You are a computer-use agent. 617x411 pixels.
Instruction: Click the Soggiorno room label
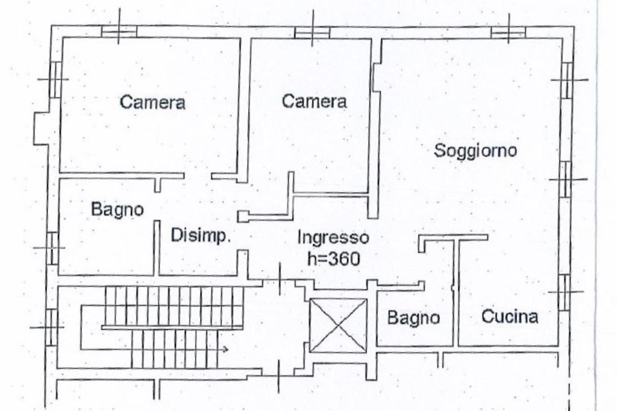(475, 150)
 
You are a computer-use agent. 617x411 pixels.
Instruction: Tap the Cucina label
(510, 317)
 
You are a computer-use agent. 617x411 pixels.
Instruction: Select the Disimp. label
(201, 236)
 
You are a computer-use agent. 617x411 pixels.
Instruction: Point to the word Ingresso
(333, 237)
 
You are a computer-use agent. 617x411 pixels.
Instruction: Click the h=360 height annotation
(333, 259)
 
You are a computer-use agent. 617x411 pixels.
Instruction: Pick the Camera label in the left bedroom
(152, 102)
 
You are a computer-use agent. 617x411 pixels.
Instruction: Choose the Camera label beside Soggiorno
(315, 101)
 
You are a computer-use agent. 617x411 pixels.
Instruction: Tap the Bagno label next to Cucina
(413, 318)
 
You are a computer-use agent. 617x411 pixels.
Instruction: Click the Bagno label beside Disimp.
(117, 209)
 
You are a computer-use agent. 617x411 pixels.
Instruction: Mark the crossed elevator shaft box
(338, 326)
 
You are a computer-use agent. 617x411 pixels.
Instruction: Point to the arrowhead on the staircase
(225, 349)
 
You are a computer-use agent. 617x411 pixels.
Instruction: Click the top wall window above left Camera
(119, 31)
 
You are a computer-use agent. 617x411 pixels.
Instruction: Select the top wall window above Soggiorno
(508, 31)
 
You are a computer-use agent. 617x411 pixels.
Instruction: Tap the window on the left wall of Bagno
(52, 248)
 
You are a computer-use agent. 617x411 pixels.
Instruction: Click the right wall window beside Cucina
(565, 292)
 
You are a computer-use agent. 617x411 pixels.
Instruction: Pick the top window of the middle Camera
(312, 32)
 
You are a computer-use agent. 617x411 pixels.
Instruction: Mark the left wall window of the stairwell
(52, 326)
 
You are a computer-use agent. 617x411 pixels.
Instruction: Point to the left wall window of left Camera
(54, 79)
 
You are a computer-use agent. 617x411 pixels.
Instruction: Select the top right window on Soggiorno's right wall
(567, 80)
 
